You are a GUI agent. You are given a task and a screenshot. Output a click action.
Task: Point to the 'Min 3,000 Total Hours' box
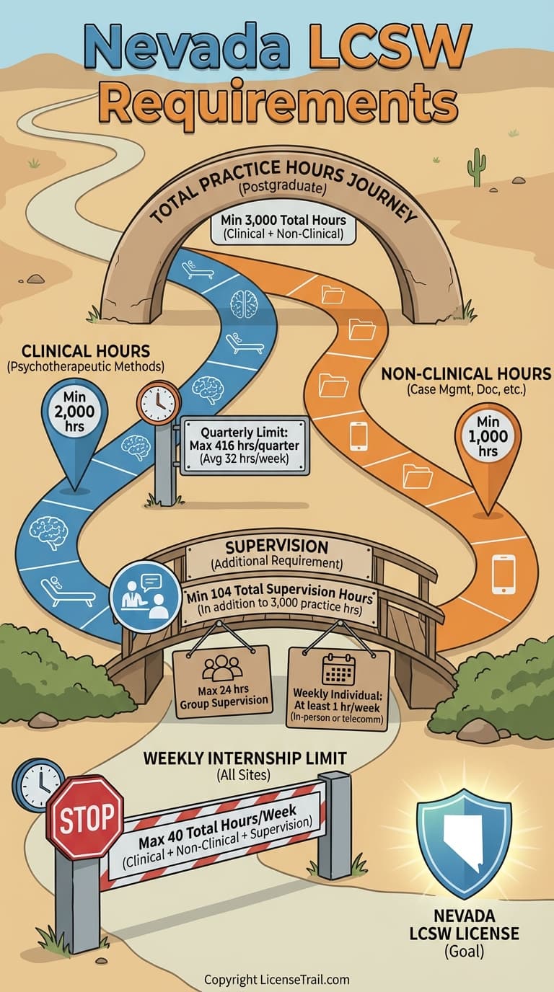click(283, 228)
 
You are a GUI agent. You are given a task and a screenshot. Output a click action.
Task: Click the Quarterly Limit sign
click(244, 446)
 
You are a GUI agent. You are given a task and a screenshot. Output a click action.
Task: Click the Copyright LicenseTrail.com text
click(277, 980)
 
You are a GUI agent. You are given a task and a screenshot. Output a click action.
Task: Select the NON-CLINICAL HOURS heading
click(465, 373)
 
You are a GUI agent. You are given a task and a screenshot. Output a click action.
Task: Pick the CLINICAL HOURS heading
click(86, 351)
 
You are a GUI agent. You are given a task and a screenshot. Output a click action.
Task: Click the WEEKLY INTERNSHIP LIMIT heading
click(245, 758)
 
